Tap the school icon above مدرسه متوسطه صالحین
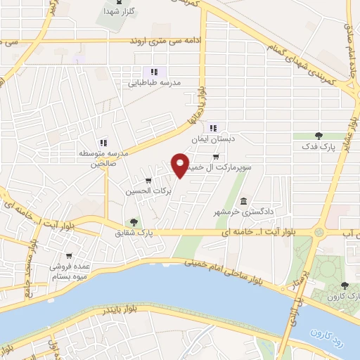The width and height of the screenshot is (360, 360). [x=103, y=141]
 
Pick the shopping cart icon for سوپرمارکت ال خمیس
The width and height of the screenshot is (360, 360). [x=216, y=157]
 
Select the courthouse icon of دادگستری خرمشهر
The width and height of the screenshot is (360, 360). [x=244, y=202]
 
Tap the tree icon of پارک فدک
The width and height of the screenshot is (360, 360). [x=319, y=136]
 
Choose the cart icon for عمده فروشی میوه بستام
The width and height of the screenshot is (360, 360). [x=69, y=256]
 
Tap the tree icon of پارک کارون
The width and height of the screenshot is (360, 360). [x=344, y=285]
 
